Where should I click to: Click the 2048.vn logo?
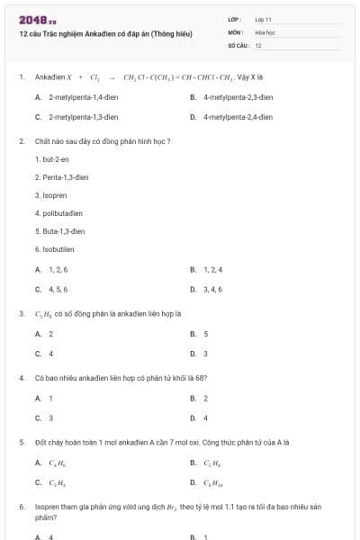point(38,20)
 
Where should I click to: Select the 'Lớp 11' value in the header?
point(263,19)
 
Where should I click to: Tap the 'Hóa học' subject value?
point(265,31)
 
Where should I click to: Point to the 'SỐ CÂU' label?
point(237,44)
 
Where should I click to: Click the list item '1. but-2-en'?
point(52,158)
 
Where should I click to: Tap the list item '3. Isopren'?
point(50,195)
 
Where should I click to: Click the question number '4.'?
point(22,378)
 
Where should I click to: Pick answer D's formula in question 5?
point(213,482)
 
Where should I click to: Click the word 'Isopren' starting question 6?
point(49,507)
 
